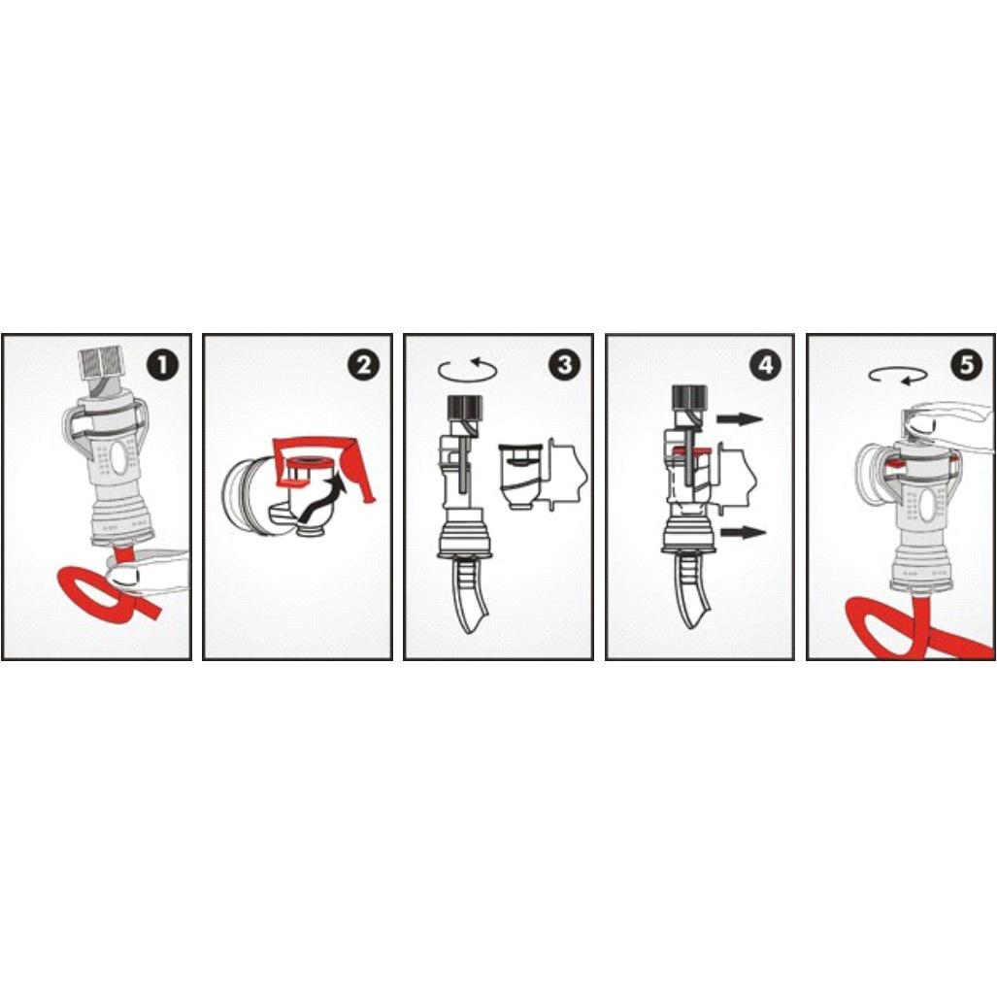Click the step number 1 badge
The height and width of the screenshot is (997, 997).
pyautogui.click(x=163, y=365)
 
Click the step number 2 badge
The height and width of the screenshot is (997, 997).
pyautogui.click(x=364, y=365)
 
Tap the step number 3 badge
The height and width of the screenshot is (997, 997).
pyautogui.click(x=565, y=365)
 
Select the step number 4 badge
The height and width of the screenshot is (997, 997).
pyautogui.click(x=766, y=365)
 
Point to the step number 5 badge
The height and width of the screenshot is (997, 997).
pyautogui.click(x=967, y=365)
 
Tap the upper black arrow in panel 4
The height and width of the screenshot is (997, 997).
pyautogui.click(x=740, y=419)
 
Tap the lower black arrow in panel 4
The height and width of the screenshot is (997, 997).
pyautogui.click(x=744, y=532)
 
